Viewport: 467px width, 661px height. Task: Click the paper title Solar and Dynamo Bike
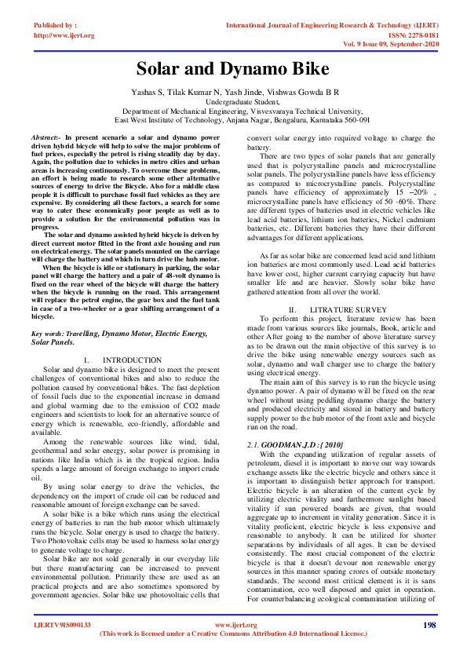click(x=233, y=69)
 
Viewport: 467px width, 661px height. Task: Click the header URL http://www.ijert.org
click(x=64, y=35)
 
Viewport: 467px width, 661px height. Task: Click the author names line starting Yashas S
click(x=233, y=92)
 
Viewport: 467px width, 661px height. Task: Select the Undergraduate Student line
click(x=233, y=102)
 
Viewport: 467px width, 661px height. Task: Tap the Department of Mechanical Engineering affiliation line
click(x=233, y=111)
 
